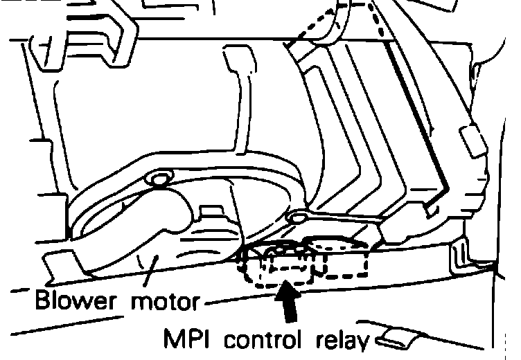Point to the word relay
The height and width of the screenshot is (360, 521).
click(x=343, y=340)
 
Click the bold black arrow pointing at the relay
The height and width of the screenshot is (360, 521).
click(x=287, y=300)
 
